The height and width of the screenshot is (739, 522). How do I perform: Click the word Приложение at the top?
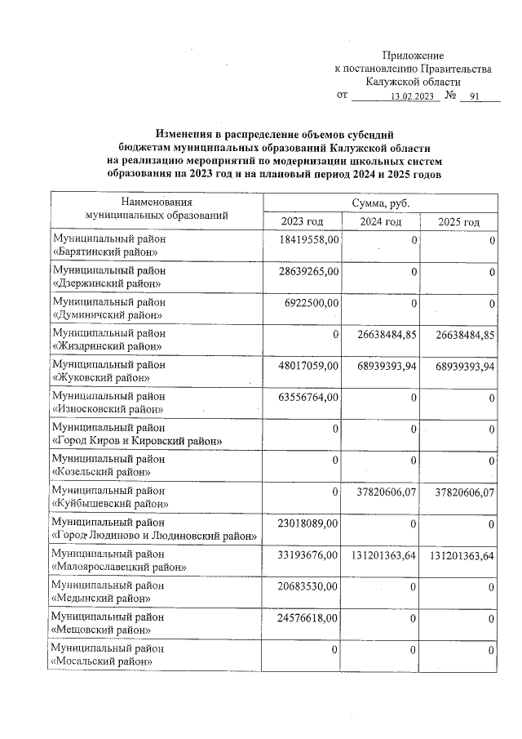[x=413, y=54]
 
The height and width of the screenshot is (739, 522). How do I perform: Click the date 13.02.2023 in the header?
[x=413, y=96]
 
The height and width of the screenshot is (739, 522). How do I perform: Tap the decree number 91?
[x=473, y=96]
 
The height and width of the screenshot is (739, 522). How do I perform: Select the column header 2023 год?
[x=303, y=222]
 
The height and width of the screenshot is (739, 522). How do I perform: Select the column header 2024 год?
[x=381, y=222]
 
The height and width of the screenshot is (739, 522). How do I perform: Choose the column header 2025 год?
[x=458, y=222]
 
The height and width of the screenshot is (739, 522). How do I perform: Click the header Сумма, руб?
[x=380, y=202]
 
